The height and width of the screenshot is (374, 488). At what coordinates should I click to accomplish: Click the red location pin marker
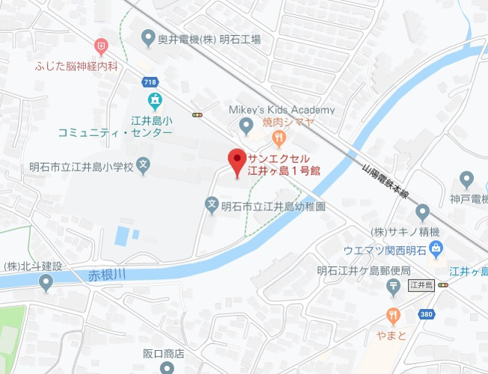[237, 160]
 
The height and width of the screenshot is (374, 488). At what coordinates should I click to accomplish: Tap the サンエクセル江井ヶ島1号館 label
[284, 165]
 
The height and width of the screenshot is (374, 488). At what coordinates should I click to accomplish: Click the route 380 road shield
[427, 314]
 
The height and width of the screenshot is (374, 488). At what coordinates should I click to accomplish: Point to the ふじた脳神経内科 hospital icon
[100, 47]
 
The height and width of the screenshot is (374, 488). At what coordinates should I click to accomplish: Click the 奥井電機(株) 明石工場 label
[209, 39]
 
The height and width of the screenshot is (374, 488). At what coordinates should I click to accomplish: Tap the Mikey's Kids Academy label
[281, 110]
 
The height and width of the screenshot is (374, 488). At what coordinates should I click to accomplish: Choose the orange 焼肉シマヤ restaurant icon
[278, 138]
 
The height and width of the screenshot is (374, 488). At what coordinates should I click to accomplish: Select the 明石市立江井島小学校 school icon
[144, 166]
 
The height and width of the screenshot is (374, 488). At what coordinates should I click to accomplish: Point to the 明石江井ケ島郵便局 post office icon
[393, 286]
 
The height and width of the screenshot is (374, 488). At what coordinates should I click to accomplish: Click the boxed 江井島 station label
[421, 285]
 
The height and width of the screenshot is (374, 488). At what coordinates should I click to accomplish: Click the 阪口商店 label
[163, 353]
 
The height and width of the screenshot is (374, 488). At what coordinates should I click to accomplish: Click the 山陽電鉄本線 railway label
[385, 181]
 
